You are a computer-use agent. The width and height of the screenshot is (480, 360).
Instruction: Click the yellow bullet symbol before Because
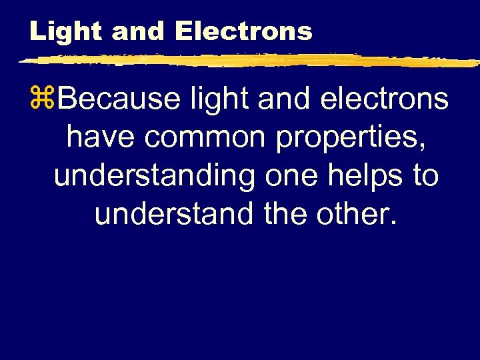(x=47, y=100)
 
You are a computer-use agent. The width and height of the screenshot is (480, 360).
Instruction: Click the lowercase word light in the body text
(x=221, y=100)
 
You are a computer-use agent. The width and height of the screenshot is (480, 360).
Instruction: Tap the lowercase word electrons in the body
(x=385, y=100)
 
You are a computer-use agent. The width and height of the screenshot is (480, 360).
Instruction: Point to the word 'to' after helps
(x=425, y=177)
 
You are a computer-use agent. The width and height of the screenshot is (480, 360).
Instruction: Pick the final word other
(x=357, y=214)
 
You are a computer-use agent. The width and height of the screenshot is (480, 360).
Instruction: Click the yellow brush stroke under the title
(x=247, y=61)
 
